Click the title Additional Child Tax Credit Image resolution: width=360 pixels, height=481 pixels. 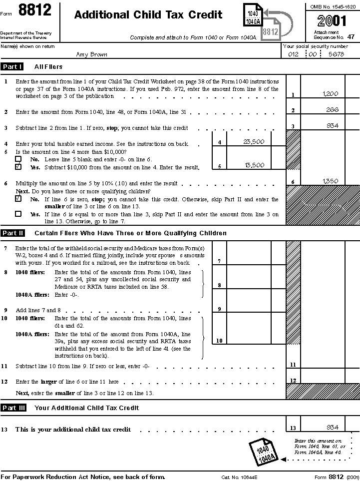tap(148, 15)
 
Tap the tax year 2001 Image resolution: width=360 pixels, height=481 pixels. tap(331, 21)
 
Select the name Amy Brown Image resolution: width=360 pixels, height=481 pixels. tap(91, 54)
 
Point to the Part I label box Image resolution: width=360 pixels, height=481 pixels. tap(12, 66)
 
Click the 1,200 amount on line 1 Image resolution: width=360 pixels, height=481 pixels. tap(330, 93)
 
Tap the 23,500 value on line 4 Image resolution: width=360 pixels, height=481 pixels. tap(254, 142)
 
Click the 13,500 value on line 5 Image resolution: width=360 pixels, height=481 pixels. tap(254, 165)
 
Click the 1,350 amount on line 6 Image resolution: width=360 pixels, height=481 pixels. tap(330, 181)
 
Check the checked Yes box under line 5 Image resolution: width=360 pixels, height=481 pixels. tap(18, 167)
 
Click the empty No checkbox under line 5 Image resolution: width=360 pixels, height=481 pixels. tap(18, 159)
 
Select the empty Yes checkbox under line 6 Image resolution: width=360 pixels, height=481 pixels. tap(18, 214)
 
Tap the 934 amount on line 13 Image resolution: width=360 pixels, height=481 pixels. tap(332, 427)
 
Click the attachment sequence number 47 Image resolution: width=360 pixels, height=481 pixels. tap(351, 36)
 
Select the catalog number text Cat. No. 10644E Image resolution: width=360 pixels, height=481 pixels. tap(239, 477)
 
